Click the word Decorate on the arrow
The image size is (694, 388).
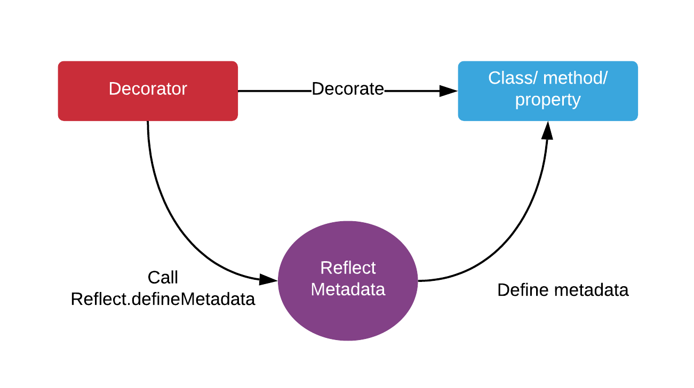click(x=348, y=89)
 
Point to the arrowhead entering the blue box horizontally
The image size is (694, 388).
click(x=449, y=91)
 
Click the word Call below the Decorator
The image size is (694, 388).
click(x=163, y=278)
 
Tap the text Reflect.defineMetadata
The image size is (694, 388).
click(x=163, y=299)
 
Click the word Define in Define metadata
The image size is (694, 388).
click(x=523, y=290)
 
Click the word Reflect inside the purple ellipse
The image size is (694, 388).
click(x=348, y=268)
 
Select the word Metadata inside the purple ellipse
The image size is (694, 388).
click(x=348, y=289)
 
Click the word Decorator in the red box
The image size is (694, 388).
click(x=148, y=88)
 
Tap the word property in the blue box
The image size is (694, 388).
click(x=548, y=100)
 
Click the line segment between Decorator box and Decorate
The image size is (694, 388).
click(x=274, y=91)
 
